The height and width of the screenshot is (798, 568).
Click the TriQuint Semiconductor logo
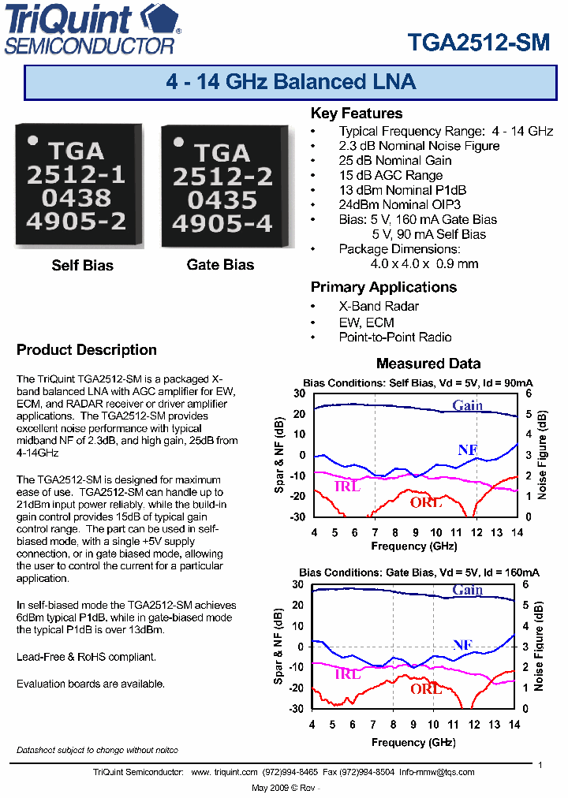click(93, 29)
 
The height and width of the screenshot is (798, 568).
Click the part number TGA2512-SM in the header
click(478, 43)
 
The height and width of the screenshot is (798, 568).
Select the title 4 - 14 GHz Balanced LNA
click(291, 82)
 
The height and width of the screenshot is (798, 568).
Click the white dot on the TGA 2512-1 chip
click(32, 142)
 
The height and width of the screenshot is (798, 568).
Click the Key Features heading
click(356, 114)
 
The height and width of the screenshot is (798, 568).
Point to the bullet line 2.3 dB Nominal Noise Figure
click(419, 146)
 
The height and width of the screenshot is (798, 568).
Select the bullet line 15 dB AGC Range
click(390, 175)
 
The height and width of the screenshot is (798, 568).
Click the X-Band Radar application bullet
click(379, 306)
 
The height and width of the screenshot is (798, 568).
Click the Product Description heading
click(87, 350)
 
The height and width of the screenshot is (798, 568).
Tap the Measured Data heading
click(428, 364)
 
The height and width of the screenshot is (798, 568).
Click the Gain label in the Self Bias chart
click(467, 405)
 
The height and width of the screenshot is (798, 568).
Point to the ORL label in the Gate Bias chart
click(425, 688)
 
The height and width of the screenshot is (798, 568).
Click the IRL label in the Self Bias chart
click(347, 487)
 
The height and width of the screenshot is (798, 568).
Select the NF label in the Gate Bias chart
click(463, 645)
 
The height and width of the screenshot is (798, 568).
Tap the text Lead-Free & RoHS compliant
click(86, 656)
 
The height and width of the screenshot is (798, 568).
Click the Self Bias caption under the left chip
click(82, 265)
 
